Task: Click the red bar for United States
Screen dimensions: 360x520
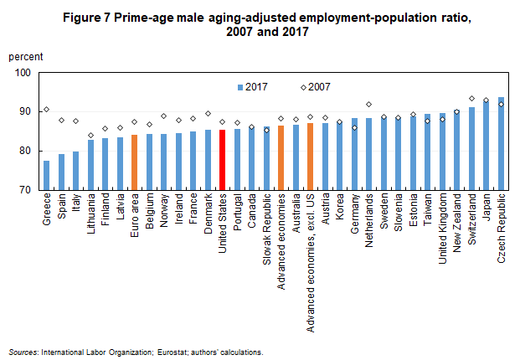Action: [x=222, y=160]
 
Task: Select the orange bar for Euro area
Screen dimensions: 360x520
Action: [x=134, y=162]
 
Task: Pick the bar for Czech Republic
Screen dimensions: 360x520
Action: [x=501, y=144]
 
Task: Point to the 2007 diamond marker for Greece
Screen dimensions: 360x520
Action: [x=47, y=109]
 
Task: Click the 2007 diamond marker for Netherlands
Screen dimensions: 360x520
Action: [x=368, y=104]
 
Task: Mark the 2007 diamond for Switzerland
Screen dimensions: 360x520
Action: [x=471, y=99]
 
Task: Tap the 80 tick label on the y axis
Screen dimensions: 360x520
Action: [x=24, y=151]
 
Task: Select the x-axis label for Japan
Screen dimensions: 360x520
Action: [x=487, y=208]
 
